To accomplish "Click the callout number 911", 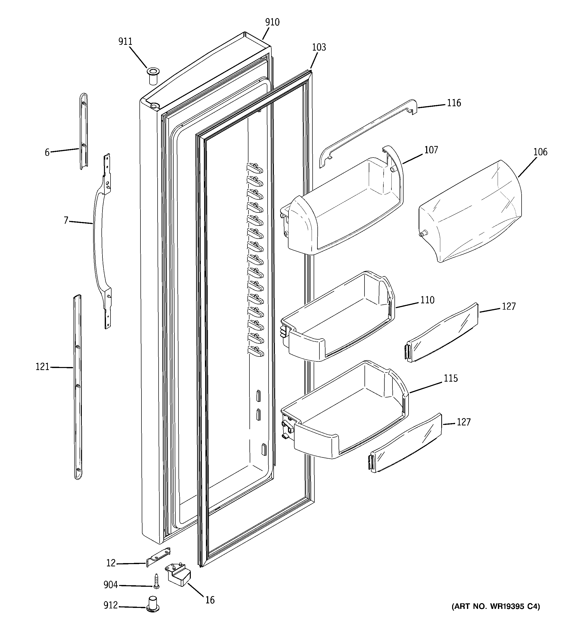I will [x=125, y=41].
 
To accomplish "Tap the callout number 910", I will [x=272, y=22].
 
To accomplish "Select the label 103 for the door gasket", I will [x=319, y=47].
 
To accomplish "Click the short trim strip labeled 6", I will [x=83, y=132].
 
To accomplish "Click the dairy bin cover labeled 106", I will [x=470, y=213].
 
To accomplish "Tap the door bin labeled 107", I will [x=345, y=204].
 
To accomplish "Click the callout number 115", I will [x=451, y=378].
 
